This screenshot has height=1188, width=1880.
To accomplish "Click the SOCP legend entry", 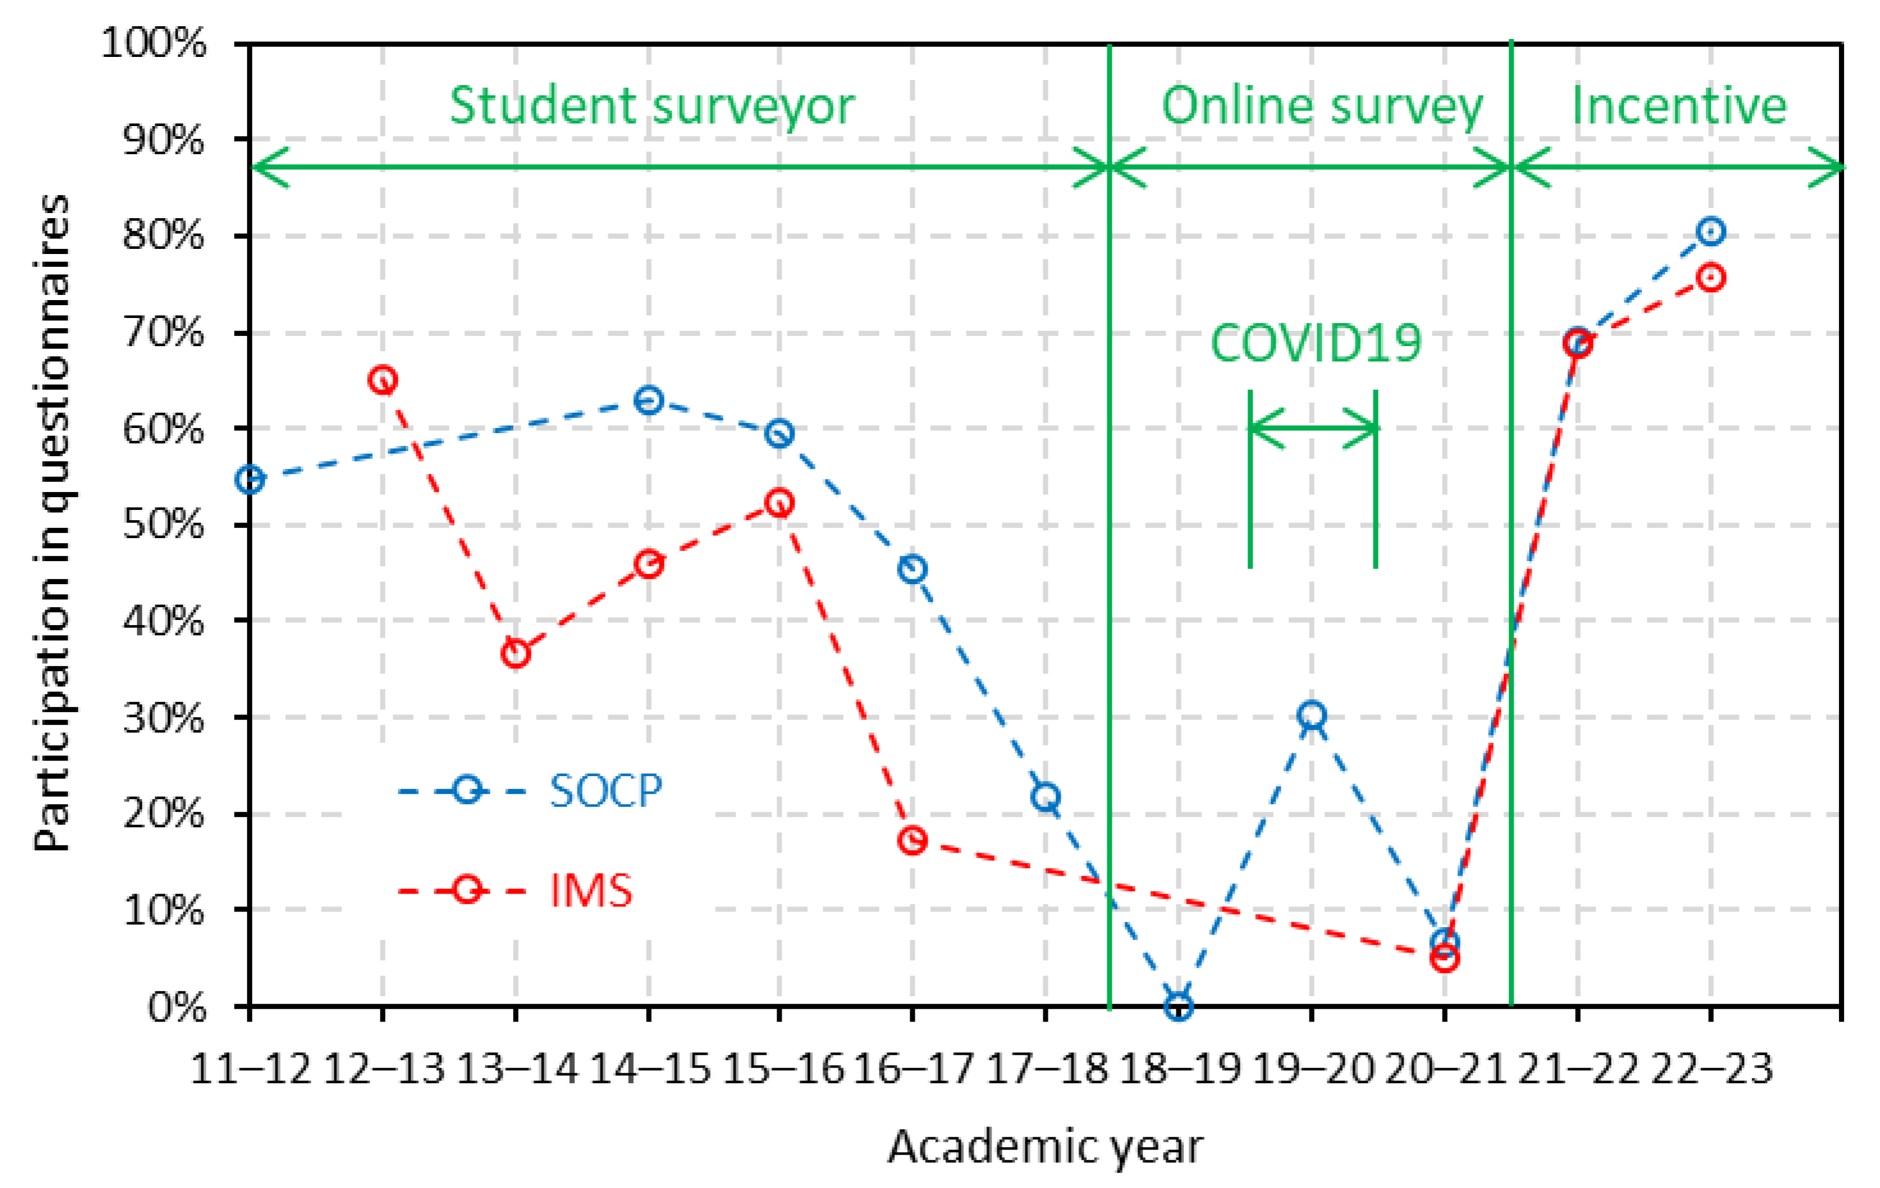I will (606, 791).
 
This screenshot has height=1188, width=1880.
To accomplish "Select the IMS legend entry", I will (590, 890).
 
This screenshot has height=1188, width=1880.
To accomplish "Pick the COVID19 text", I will (1316, 343).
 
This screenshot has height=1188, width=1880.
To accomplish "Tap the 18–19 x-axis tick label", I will (1180, 1069).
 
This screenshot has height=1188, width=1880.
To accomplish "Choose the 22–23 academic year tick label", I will (1711, 1069).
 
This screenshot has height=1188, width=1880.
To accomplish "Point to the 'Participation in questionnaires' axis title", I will (53, 523).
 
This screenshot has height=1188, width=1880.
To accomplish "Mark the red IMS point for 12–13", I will (383, 381).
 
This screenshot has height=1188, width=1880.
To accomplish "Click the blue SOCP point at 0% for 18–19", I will (1179, 1006).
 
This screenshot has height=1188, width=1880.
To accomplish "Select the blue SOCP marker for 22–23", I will (1710, 231).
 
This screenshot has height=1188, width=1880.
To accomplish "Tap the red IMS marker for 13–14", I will (516, 653).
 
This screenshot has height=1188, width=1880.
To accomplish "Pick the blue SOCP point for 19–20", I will (1311, 715).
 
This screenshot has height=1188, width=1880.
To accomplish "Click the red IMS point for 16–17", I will (912, 841).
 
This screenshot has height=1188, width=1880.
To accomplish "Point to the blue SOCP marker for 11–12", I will (250, 480).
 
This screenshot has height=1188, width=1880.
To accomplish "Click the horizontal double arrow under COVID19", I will (1313, 428).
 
